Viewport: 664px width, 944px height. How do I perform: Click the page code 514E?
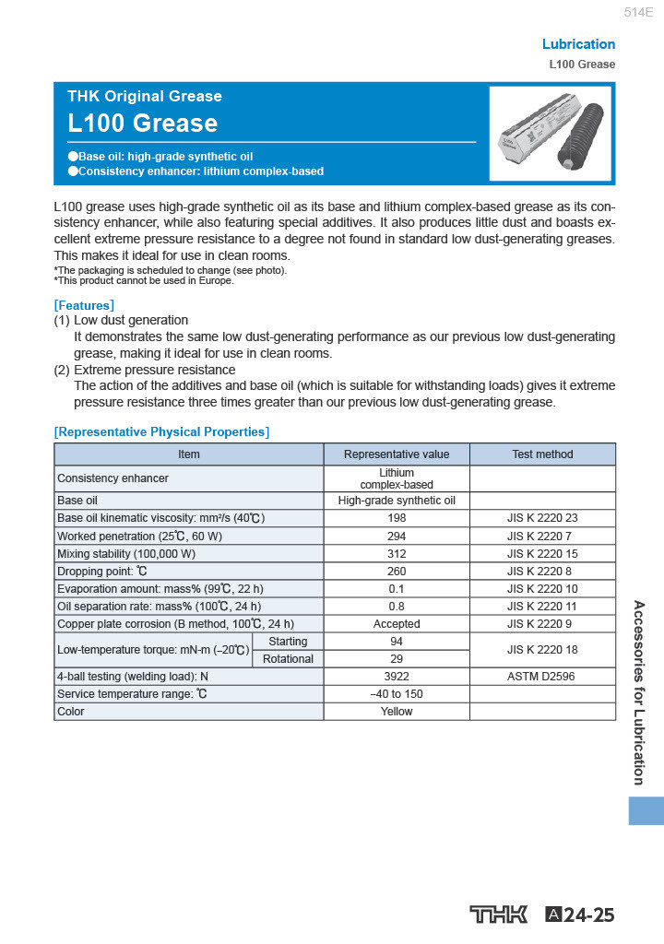click(638, 13)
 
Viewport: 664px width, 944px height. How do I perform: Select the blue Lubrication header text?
click(578, 44)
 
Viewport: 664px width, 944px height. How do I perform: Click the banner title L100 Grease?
click(143, 124)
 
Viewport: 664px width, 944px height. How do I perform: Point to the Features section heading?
click(84, 305)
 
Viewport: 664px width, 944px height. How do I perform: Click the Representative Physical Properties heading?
click(161, 431)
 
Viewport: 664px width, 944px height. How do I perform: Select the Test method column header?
click(542, 454)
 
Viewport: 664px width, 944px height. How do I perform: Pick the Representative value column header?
click(397, 454)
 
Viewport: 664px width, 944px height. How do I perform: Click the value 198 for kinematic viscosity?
click(397, 518)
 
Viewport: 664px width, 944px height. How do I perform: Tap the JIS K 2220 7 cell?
click(542, 536)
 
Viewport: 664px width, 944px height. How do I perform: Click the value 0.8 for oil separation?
click(397, 607)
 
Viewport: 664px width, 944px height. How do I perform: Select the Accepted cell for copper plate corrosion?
click(397, 624)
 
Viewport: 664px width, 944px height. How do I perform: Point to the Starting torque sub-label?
click(288, 642)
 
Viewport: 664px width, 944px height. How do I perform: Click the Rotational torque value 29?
click(397, 659)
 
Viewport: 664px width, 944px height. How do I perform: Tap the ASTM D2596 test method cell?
click(542, 677)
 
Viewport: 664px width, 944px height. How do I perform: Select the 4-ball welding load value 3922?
click(397, 677)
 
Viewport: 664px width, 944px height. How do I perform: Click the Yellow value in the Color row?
click(397, 712)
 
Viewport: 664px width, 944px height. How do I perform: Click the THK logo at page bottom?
click(499, 914)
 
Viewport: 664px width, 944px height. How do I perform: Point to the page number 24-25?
click(588, 915)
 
